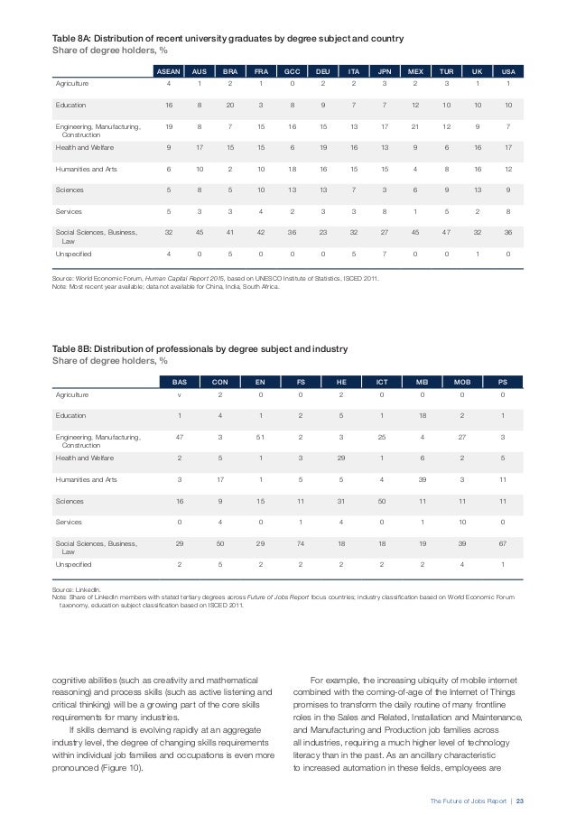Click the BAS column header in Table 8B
pyautogui.click(x=180, y=381)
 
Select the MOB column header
pyautogui.click(x=462, y=381)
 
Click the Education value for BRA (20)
pyautogui.click(x=230, y=105)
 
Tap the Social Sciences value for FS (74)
pyautogui.click(x=302, y=543)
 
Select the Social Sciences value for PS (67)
pyautogui.click(x=502, y=543)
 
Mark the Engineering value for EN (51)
pyautogui.click(x=261, y=437)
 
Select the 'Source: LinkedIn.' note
pyautogui.click(x=76, y=588)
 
